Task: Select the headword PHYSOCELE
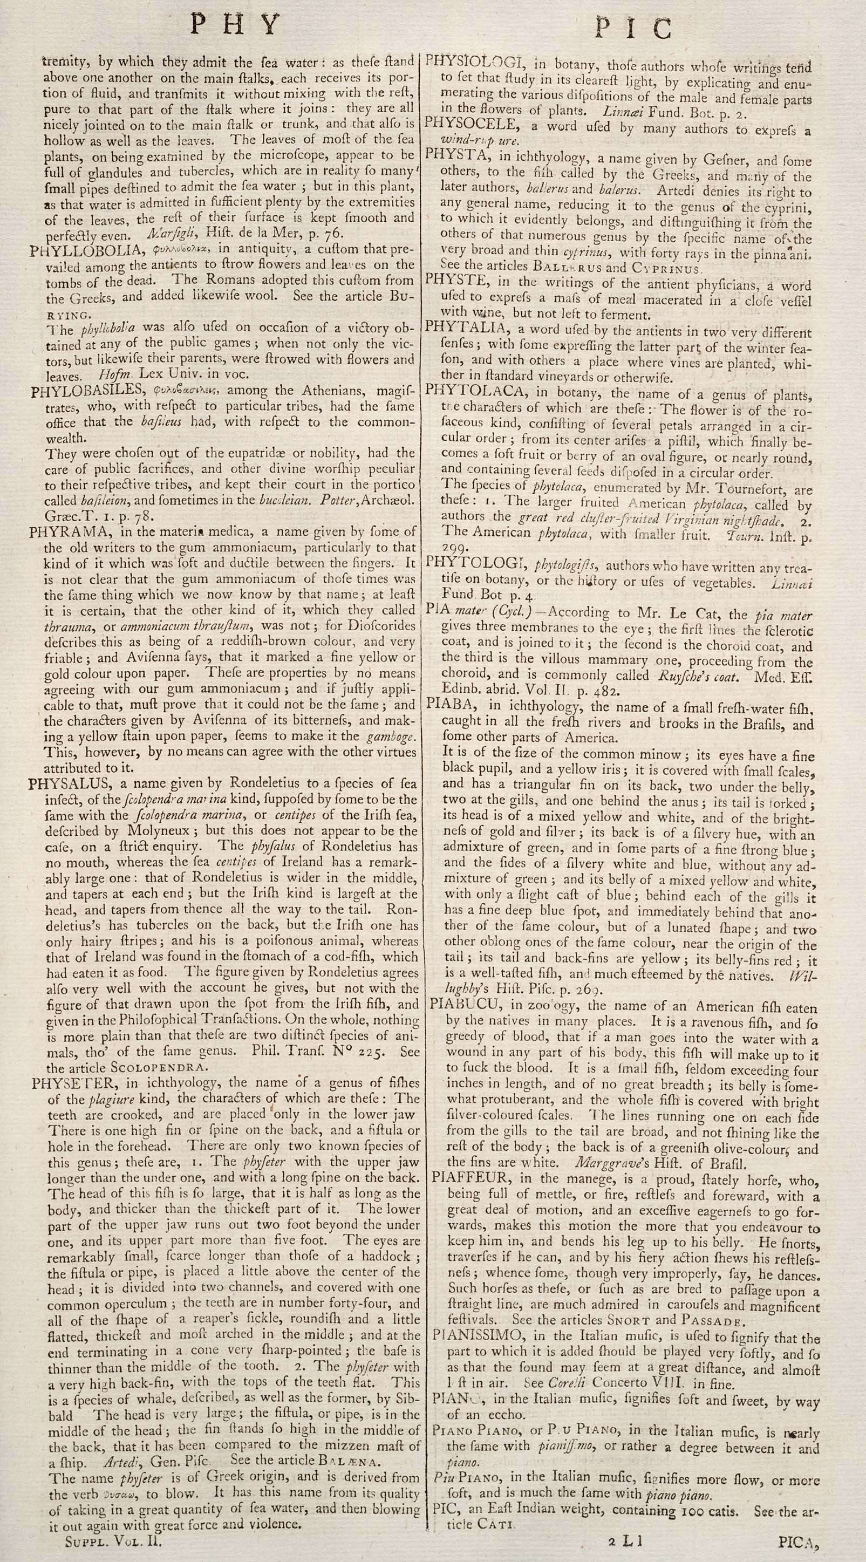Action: coord(470,125)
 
